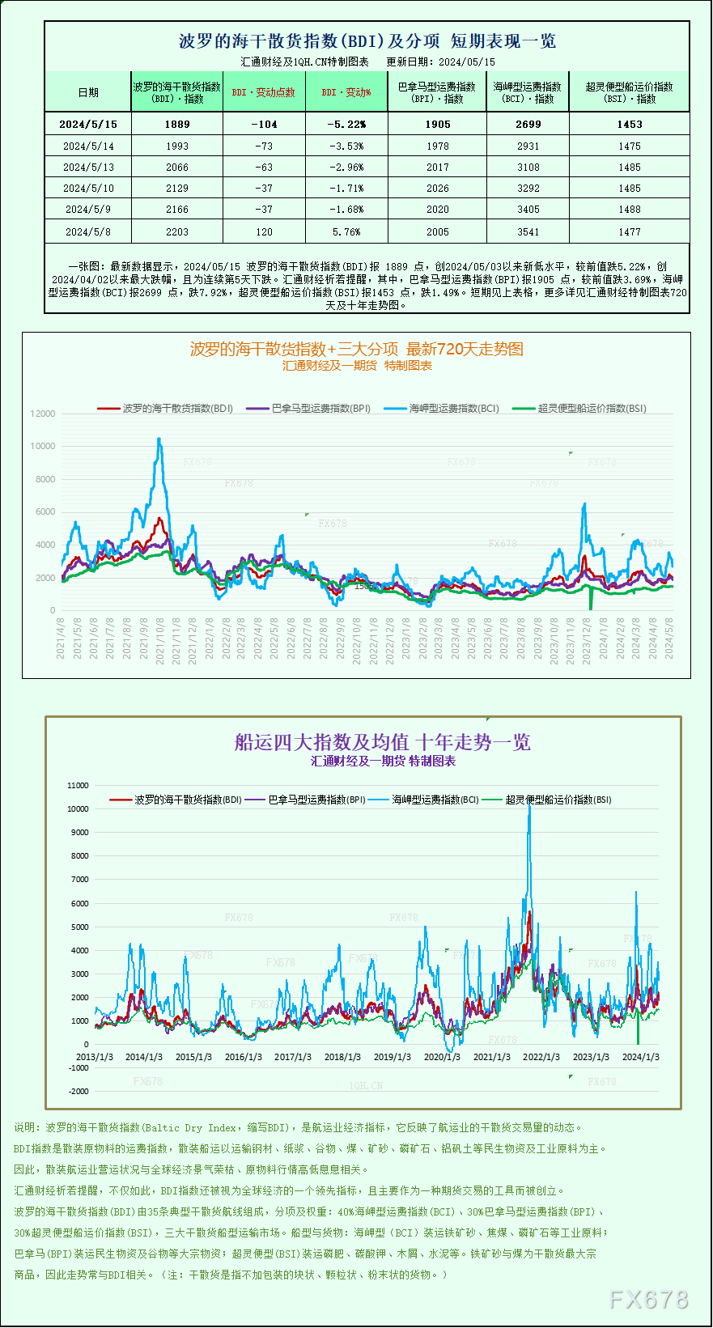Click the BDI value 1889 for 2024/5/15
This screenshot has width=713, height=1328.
click(176, 125)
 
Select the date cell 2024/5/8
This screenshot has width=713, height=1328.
click(88, 232)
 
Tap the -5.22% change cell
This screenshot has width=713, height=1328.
click(346, 125)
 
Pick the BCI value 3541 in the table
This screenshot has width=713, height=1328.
click(528, 232)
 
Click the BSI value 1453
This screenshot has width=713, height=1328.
click(629, 125)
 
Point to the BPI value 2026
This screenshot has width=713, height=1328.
click(437, 189)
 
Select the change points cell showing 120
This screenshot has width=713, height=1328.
click(264, 232)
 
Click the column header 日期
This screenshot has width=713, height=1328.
click(88, 92)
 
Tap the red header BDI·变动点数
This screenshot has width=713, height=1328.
click(264, 92)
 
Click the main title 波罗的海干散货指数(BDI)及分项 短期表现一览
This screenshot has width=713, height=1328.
click(367, 41)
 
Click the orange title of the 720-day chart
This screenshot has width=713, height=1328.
click(356, 349)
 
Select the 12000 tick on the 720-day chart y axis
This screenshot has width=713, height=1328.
click(43, 414)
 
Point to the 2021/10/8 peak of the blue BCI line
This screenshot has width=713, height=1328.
click(159, 439)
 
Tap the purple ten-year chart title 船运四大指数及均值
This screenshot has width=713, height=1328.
click(382, 742)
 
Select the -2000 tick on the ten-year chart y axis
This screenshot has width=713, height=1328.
click(79, 1092)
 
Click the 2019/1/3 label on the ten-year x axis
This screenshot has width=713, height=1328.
click(392, 1057)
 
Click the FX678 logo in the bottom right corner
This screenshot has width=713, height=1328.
click(648, 1300)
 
